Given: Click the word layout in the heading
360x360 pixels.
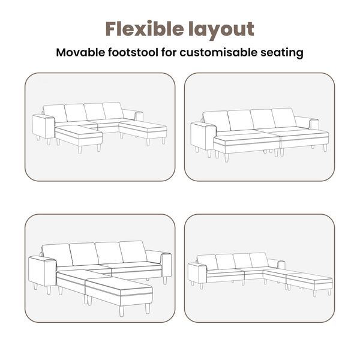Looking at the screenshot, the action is (221, 30).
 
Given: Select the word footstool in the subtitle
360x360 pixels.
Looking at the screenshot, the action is (133, 52).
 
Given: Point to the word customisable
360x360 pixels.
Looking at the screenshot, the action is (218, 52).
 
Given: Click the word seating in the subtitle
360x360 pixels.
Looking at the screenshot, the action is (282, 53).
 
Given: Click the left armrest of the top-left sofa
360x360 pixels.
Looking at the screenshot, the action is (44, 128).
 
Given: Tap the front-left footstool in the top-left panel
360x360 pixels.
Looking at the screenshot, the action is (79, 137).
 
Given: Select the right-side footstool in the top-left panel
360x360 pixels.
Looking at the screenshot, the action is (143, 131).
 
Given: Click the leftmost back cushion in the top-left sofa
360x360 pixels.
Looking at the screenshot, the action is (55, 113).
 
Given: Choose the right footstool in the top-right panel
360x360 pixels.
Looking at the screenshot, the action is (304, 140).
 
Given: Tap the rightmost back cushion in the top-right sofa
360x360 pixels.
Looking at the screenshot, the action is (284, 118).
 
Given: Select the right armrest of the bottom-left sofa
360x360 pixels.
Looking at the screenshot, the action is (166, 266).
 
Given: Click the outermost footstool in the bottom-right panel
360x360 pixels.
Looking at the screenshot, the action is (310, 283).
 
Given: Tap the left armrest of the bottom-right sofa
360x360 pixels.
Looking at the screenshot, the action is (197, 274).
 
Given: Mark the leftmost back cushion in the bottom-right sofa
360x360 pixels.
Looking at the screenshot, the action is (208, 262).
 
